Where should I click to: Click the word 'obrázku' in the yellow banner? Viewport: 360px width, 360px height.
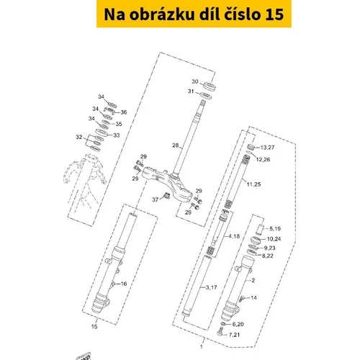[162, 14]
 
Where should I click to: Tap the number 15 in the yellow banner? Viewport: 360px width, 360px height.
[274, 14]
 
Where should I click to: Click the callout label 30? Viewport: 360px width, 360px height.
[195, 81]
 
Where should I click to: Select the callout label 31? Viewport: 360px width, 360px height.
[191, 91]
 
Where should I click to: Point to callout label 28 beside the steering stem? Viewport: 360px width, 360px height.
[176, 145]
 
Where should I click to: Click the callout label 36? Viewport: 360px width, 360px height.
[124, 112]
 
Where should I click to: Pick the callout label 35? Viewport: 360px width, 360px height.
[119, 124]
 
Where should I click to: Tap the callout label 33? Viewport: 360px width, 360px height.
[117, 135]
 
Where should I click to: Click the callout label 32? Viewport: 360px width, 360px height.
[79, 137]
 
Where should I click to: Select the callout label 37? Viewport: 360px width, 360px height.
[156, 199]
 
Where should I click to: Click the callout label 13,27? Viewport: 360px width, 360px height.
[267, 148]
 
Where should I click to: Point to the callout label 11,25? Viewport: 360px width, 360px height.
[253, 184]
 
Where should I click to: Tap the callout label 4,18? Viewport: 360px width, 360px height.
[234, 236]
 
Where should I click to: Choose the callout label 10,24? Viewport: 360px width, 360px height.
[274, 239]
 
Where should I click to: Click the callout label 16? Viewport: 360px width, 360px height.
[124, 284]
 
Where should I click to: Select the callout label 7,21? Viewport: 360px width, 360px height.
[234, 335]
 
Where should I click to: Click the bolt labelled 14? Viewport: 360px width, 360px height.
[241, 299]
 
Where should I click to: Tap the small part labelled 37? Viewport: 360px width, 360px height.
[166, 196]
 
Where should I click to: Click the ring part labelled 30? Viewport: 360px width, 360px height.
[210, 86]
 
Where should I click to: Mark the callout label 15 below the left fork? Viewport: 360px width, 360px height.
[94, 326]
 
